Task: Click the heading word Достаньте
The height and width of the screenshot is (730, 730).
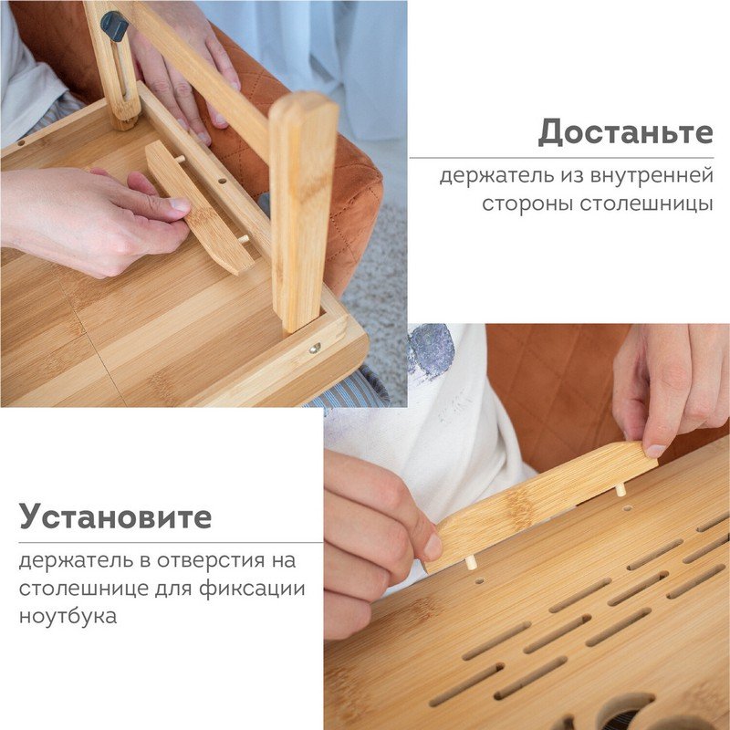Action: pos(625,132)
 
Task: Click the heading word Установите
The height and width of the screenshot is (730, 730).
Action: pos(116,516)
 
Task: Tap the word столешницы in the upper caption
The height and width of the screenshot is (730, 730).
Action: pos(598,203)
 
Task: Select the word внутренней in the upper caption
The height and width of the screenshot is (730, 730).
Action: pos(652,175)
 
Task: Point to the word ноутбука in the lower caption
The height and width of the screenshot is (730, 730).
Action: pos(68,616)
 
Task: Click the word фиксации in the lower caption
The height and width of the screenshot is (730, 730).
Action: pos(252,588)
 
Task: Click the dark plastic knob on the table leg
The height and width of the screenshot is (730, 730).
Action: pos(114,26)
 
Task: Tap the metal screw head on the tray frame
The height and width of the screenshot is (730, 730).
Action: pos(315,347)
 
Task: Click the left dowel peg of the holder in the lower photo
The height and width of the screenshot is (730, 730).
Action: pos(471,563)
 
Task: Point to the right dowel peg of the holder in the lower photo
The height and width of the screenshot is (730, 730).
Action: pos(620,490)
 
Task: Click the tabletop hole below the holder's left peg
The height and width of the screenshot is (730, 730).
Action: pos(479,581)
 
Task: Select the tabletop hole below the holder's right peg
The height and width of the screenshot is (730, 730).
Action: pos(627,508)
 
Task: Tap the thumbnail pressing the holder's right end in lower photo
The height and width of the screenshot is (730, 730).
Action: pos(655,451)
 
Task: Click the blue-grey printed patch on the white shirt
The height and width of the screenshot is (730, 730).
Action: pos(432,349)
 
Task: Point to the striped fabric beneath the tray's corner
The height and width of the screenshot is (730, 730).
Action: pos(354,389)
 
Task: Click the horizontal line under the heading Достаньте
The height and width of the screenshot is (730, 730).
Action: pos(561,158)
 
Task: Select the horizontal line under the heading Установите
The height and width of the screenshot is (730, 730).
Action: pos(171,542)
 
